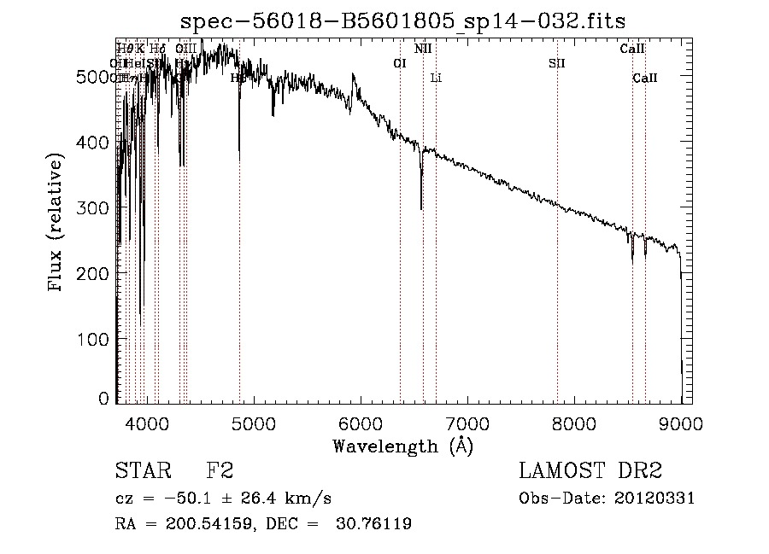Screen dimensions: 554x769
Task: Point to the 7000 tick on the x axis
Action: pyautogui.click(x=467, y=423)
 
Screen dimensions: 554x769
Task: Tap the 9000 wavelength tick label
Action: pyautogui.click(x=681, y=423)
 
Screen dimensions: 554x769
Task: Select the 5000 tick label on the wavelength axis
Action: pyautogui.click(x=253, y=423)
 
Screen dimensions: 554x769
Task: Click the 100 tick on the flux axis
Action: pyautogui.click(x=96, y=339)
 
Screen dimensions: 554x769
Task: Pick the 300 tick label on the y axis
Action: pyautogui.click(x=96, y=207)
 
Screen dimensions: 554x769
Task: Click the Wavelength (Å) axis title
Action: pyautogui.click(x=402, y=446)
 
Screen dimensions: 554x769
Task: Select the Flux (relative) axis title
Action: pyautogui.click(x=57, y=224)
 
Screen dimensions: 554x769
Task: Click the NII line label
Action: pyautogui.click(x=423, y=49)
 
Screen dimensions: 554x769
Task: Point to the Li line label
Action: pyautogui.click(x=436, y=78)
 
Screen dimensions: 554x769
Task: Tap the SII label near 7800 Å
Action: pyautogui.click(x=557, y=63)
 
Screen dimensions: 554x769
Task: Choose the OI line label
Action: pyautogui.click(x=399, y=63)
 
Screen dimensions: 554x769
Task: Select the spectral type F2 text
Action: pyautogui.click(x=220, y=471)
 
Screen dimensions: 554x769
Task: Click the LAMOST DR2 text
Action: pyautogui.click(x=590, y=471)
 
